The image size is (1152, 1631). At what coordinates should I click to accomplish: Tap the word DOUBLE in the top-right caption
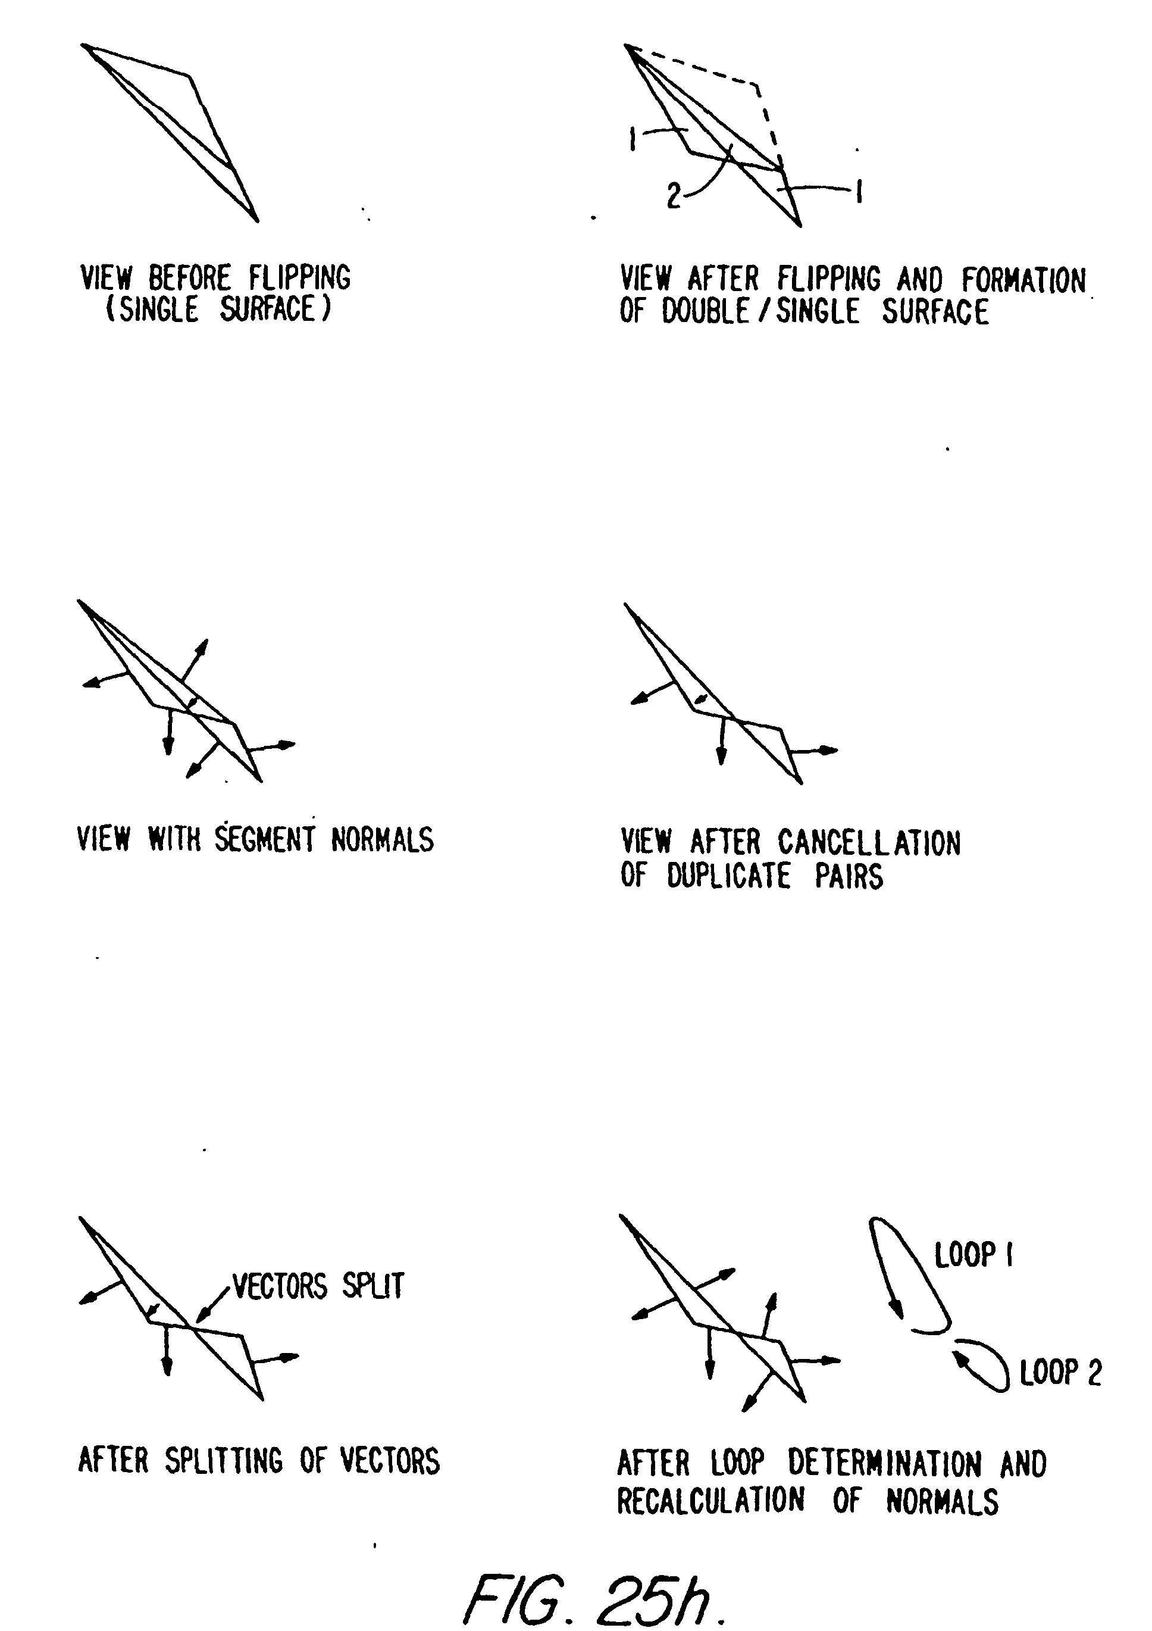pos(705,311)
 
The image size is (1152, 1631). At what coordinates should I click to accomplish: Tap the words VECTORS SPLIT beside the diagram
pos(318,1286)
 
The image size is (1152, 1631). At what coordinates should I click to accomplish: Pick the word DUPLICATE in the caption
pos(728,875)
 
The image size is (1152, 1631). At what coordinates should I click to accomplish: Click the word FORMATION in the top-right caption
pos(1024,279)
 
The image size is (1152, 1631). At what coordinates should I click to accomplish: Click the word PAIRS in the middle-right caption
pos(849,875)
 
